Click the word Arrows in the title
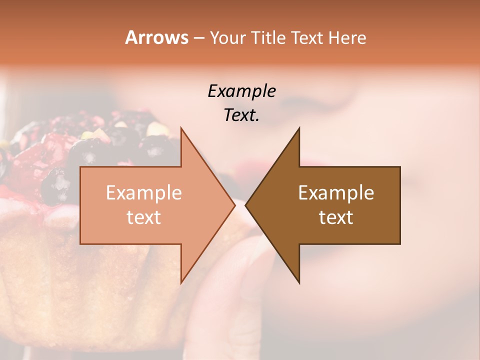(x=156, y=37)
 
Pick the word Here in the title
(x=348, y=37)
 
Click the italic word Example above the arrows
(x=241, y=91)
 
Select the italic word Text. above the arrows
(x=241, y=115)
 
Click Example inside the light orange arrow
(x=143, y=193)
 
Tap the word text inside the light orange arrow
(x=143, y=217)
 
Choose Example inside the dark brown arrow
(x=336, y=193)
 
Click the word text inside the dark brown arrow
(x=336, y=217)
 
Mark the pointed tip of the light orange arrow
(x=234, y=205)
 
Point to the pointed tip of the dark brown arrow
(x=245, y=205)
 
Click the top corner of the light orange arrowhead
(x=181, y=127)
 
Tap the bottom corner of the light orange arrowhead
(x=181, y=283)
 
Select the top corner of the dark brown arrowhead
(x=299, y=127)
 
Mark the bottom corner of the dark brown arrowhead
(x=299, y=283)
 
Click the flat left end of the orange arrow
(x=81, y=205)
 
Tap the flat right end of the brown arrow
(x=399, y=205)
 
